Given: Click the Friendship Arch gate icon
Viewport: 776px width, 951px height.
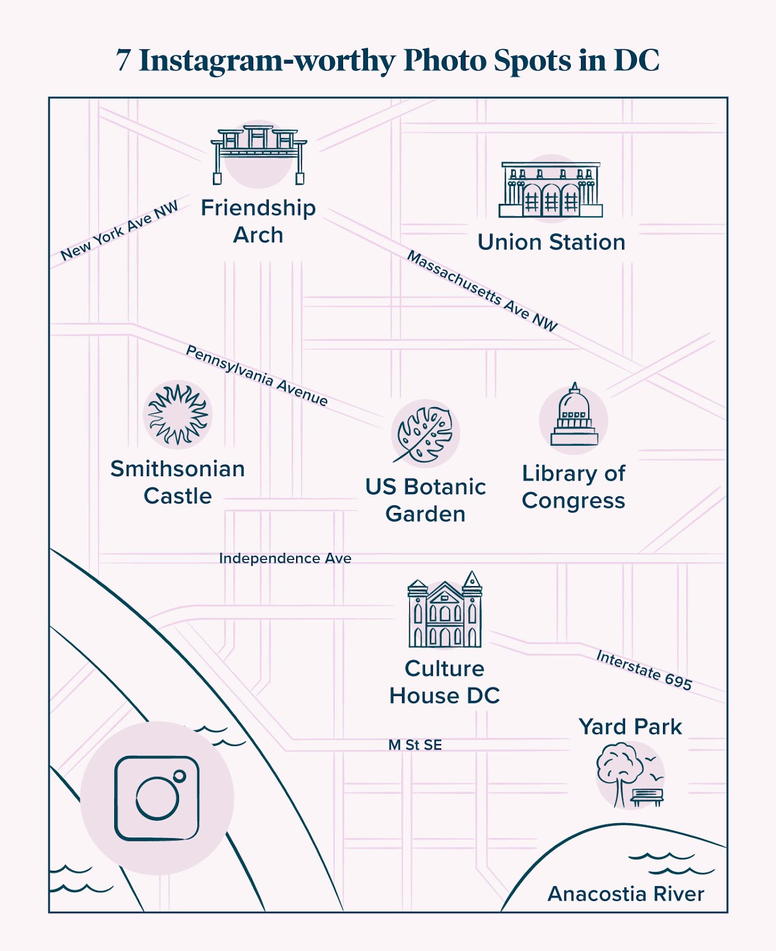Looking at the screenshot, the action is [259, 153].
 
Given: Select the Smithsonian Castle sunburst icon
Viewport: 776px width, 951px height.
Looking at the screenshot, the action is [177, 415].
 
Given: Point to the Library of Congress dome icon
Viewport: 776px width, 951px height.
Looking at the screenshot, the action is [574, 416].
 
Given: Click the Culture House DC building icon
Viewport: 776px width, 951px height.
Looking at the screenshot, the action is [445, 612].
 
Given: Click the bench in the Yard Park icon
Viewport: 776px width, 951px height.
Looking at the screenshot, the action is [647, 796].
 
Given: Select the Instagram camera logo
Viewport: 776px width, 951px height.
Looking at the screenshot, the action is [157, 798].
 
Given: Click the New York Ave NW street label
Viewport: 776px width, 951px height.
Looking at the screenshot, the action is [120, 231].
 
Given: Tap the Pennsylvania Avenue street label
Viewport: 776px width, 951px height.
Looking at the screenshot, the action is [257, 376].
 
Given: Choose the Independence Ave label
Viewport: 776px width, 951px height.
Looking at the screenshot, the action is [285, 559].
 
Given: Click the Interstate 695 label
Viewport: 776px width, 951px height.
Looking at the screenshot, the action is [644, 670].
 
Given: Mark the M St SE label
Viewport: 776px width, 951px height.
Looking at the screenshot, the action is [415, 745].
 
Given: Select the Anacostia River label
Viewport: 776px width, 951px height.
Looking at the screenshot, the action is [626, 894].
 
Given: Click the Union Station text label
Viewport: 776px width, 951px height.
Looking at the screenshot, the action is [551, 243].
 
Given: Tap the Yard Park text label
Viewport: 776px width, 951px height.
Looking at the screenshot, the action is [630, 727].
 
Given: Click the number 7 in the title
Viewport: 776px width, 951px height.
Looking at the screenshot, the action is [123, 61].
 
